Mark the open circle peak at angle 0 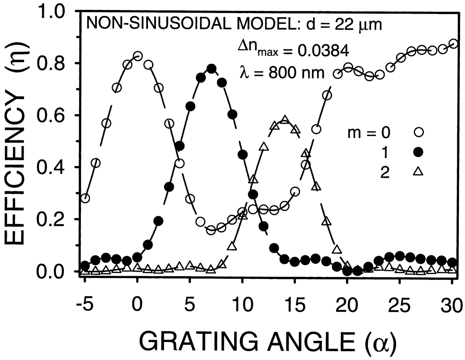coord(138,56)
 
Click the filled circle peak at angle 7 coord(211,69)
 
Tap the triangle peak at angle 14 coord(285,120)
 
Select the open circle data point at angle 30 coord(453,44)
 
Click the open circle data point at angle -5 coord(85,198)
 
